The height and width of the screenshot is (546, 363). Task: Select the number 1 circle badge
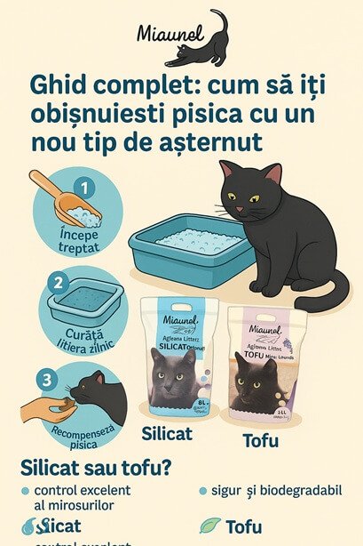click(85, 189)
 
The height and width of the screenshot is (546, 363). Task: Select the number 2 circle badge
click(56, 284)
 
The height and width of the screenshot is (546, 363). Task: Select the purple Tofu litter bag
click(266, 365)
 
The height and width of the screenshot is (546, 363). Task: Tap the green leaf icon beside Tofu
click(211, 525)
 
